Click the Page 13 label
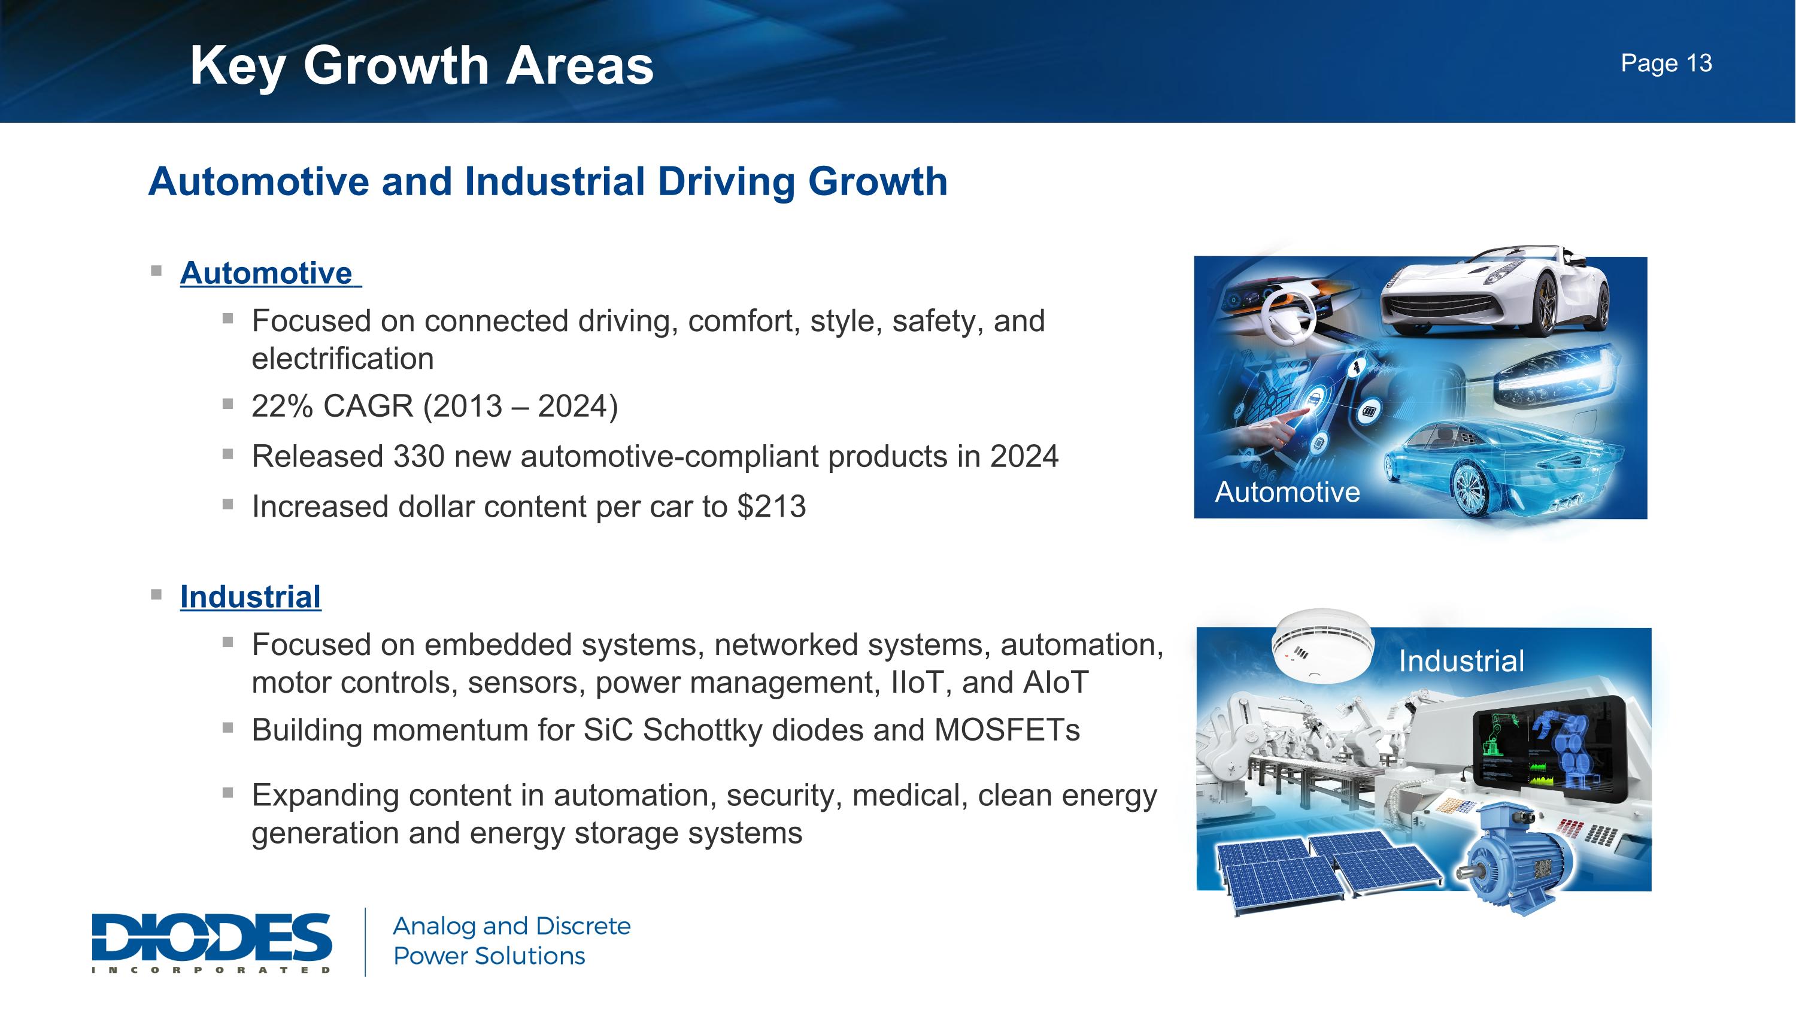(x=1665, y=63)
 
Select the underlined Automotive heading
(x=266, y=272)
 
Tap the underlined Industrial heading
(x=250, y=597)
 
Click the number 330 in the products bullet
(x=418, y=457)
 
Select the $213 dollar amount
(x=771, y=506)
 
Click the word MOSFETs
(x=1006, y=730)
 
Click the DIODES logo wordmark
(x=211, y=938)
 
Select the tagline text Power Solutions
(x=489, y=956)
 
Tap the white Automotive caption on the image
(x=1287, y=492)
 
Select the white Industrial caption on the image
(x=1461, y=661)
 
